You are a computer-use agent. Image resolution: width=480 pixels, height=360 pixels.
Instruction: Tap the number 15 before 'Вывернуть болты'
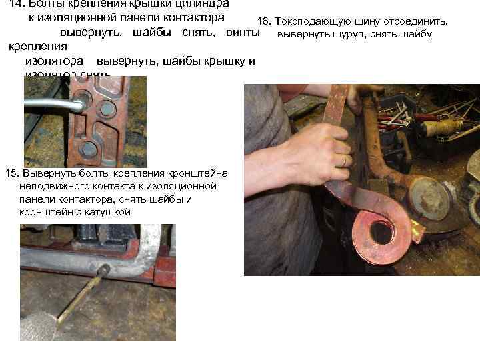(x=10, y=174)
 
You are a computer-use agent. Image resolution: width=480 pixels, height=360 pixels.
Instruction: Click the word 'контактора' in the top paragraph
(x=192, y=16)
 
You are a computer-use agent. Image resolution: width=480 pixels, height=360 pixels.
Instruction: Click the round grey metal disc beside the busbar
(x=429, y=198)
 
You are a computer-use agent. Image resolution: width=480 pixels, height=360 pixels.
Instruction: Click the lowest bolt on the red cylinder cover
(x=89, y=147)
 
